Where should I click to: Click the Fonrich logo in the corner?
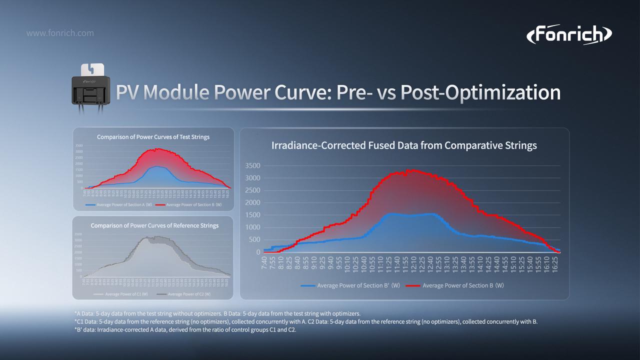569,35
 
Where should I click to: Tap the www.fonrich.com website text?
59,33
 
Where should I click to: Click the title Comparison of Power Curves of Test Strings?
153,136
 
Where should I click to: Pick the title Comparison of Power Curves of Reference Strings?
154,225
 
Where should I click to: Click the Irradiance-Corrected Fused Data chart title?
404,145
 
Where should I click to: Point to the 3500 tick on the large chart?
253,166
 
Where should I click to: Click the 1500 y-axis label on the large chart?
253,215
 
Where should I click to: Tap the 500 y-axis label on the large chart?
255,240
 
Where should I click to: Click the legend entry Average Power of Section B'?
350,285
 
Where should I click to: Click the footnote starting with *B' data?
185,330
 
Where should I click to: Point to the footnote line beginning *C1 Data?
305,321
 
